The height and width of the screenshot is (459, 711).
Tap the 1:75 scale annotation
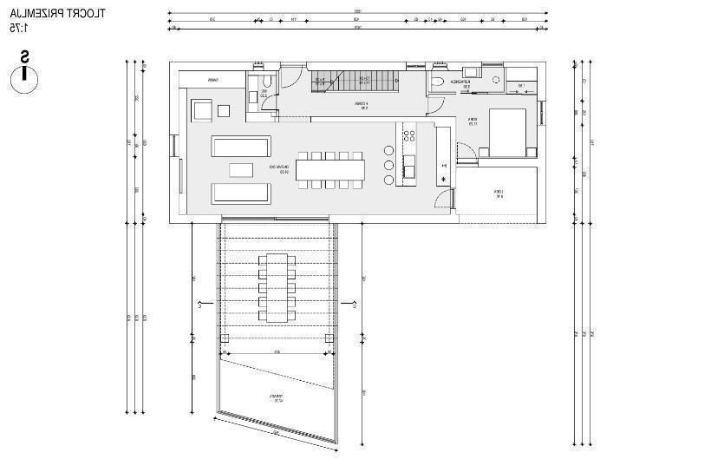(x=18, y=28)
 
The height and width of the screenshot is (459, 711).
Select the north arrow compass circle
(x=25, y=78)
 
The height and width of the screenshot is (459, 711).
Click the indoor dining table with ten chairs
(x=330, y=169)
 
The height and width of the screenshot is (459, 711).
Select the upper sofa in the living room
(x=242, y=145)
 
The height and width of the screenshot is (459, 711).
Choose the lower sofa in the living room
(x=242, y=192)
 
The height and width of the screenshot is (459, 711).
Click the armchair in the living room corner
(x=201, y=110)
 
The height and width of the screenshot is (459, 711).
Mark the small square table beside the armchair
(x=225, y=110)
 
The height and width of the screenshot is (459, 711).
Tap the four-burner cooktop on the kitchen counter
(x=408, y=134)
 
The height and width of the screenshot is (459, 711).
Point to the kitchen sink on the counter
(x=409, y=166)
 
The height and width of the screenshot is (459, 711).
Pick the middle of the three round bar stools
(x=388, y=165)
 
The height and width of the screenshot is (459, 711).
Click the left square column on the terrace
(x=225, y=338)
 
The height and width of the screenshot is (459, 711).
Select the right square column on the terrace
(x=329, y=338)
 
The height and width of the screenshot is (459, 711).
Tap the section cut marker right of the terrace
(x=351, y=304)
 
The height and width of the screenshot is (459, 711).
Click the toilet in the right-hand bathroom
(x=438, y=82)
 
